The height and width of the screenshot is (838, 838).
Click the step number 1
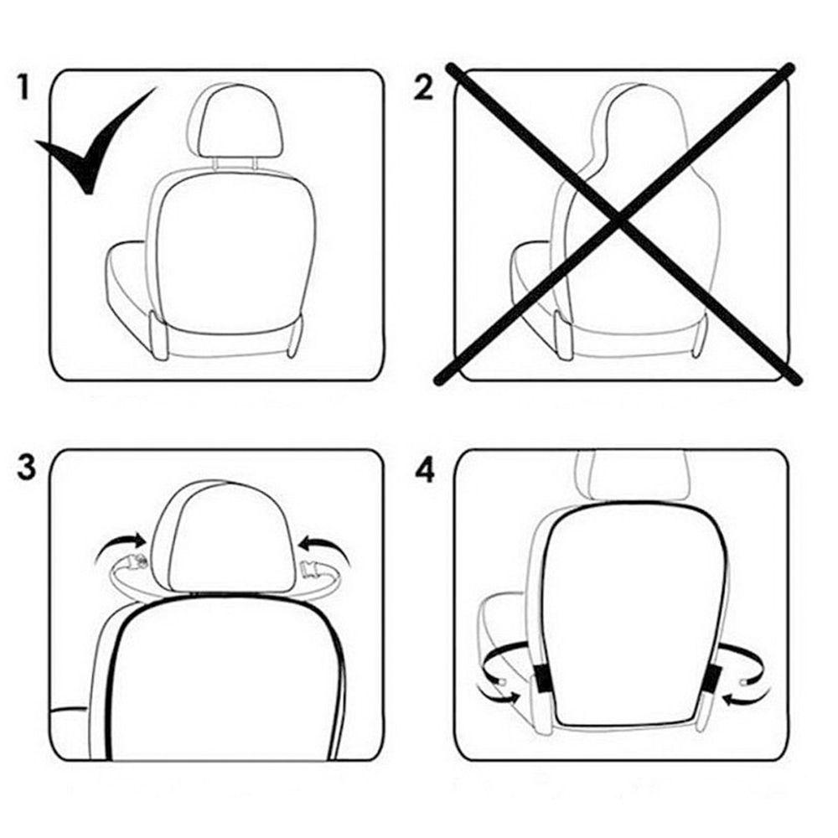[24, 86]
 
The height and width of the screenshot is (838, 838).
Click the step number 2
[425, 86]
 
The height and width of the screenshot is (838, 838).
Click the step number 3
[26, 467]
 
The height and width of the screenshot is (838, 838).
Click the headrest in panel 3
[222, 536]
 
